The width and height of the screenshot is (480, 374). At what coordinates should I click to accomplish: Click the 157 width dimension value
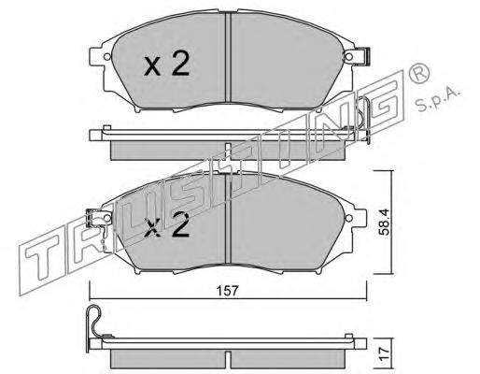227,291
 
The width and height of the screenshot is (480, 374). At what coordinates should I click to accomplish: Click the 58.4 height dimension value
385,222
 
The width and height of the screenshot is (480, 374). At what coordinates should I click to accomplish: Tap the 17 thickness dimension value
385,354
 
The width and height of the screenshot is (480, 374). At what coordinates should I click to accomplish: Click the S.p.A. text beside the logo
438,99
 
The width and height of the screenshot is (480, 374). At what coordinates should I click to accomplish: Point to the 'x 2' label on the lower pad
166,225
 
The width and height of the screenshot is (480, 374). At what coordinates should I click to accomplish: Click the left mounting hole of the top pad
106,57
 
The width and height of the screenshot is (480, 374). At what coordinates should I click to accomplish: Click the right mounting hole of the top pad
349,57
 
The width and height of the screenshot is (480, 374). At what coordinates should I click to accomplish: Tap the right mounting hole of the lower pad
349,218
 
